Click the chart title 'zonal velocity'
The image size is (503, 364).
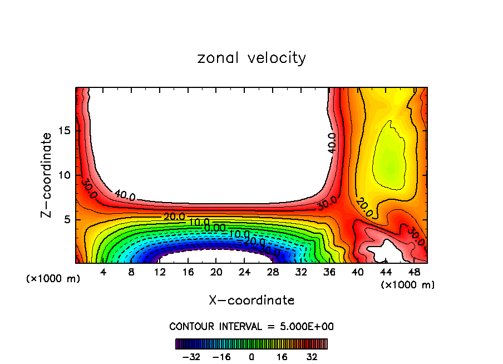251,58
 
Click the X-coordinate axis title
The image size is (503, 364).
251,301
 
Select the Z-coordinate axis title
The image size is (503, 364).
47,175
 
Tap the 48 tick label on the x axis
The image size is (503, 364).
414,273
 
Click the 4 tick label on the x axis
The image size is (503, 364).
103,273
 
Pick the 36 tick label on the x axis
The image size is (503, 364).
329,273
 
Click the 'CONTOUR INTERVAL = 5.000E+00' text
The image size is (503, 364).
251,326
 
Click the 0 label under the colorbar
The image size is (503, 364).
251,356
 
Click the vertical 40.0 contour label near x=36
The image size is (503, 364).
332,143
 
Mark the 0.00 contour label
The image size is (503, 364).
215,228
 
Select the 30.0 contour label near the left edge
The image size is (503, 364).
89,189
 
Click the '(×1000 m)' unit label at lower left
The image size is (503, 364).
53,279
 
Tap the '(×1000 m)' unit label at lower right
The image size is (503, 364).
408,285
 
